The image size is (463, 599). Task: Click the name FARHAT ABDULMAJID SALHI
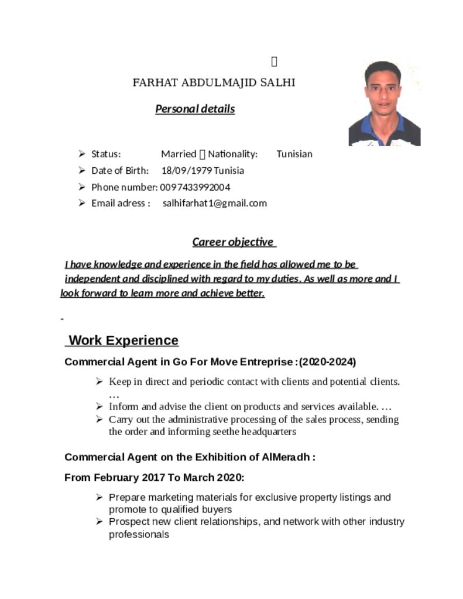click(214, 82)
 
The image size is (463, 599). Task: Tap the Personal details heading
click(195, 109)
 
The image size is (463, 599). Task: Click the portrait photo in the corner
click(384, 104)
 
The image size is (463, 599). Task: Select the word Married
click(179, 154)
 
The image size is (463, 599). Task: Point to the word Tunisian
click(294, 154)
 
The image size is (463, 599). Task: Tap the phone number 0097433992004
click(195, 187)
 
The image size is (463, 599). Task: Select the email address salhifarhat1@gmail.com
click(214, 204)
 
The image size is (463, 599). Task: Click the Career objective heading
click(233, 242)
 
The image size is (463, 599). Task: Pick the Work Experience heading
click(124, 340)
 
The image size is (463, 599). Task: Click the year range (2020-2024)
click(327, 362)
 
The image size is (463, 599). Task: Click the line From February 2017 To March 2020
click(154, 477)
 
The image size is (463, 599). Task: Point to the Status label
click(106, 154)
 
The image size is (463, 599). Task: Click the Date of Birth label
click(120, 171)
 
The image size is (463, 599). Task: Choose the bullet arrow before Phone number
click(81, 187)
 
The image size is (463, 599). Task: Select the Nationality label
click(233, 154)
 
